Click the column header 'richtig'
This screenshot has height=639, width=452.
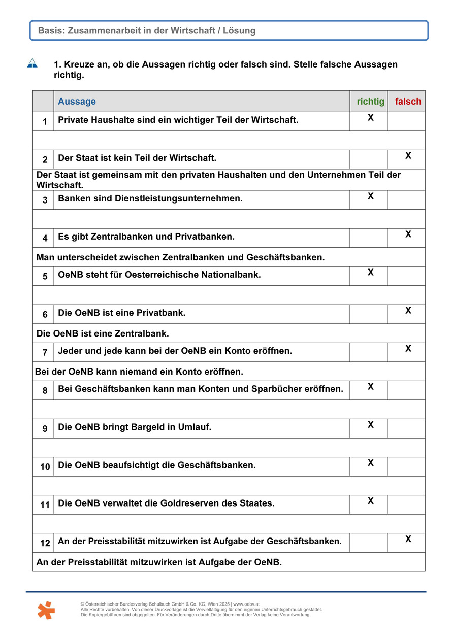click(x=371, y=102)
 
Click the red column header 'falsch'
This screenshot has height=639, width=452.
click(x=408, y=102)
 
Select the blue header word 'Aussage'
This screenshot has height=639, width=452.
click(x=77, y=102)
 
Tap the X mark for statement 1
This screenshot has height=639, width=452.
click(x=371, y=118)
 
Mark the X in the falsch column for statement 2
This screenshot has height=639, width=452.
click(x=408, y=156)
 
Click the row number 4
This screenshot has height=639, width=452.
click(x=45, y=238)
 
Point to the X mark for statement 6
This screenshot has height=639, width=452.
click(x=408, y=311)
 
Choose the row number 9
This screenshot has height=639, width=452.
click(x=45, y=429)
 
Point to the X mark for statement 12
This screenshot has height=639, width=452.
click(x=408, y=539)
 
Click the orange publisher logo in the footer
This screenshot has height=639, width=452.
click(x=46, y=610)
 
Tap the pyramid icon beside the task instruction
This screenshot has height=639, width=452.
click(x=33, y=63)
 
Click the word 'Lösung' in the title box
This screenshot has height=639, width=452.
click(x=239, y=31)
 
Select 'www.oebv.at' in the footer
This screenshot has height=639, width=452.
click(x=248, y=604)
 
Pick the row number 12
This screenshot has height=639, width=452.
click(x=45, y=543)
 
